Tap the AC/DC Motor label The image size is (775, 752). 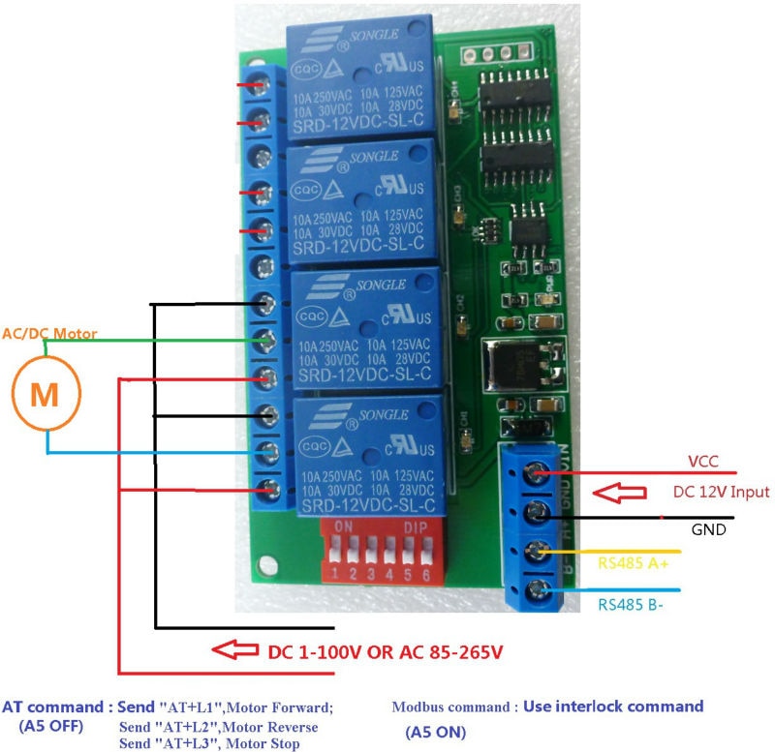pyautogui.click(x=49, y=334)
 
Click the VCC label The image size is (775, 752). pyautogui.click(x=702, y=461)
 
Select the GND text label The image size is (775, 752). pyautogui.click(x=708, y=529)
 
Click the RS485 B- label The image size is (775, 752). pyautogui.click(x=631, y=606)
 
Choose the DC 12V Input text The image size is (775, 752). pyautogui.click(x=721, y=493)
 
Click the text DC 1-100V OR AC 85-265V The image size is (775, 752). pyautogui.click(x=385, y=651)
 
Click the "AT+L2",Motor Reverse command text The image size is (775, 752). pyautogui.click(x=218, y=726)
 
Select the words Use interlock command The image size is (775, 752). pyautogui.click(x=612, y=707)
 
